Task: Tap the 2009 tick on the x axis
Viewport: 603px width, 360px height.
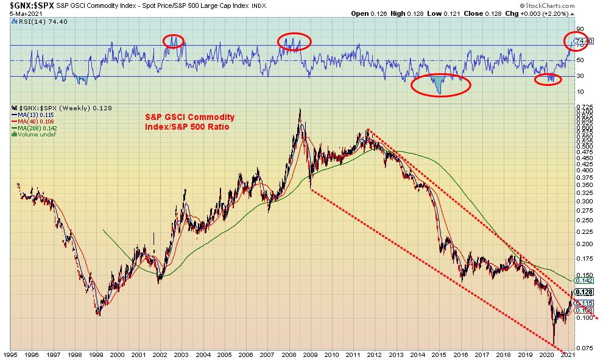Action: (310, 354)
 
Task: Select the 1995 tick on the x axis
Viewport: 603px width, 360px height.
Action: (10, 354)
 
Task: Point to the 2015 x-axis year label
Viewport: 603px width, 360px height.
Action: (439, 354)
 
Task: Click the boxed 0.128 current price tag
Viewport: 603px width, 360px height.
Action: (583, 292)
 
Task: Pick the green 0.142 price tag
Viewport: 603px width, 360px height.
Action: (583, 281)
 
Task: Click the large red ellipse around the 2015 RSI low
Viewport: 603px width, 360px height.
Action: (440, 85)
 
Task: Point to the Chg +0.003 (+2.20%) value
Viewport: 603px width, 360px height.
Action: (569, 13)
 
